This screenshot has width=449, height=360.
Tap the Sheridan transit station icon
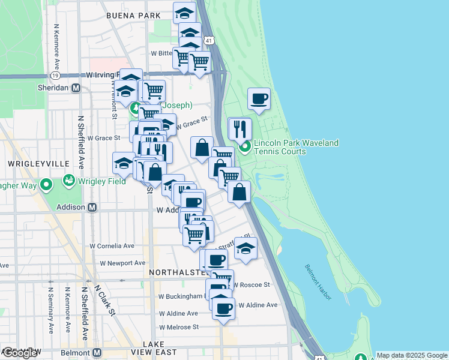coord(76,87)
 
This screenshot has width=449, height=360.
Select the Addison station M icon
coord(92,207)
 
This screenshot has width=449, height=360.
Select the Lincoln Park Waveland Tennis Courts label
coord(296,147)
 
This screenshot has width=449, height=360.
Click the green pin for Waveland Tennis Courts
coord(245,146)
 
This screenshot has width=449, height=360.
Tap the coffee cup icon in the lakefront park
coord(259,98)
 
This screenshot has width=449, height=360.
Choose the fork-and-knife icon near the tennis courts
coord(240,128)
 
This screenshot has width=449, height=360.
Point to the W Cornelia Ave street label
coord(112,246)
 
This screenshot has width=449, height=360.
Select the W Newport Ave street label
coord(122,263)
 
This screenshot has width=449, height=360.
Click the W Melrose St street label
coord(178,327)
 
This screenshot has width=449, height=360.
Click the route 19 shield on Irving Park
coord(55,76)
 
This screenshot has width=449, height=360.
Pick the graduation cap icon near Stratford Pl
coord(246,248)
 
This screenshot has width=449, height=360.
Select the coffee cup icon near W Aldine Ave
coord(223,309)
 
